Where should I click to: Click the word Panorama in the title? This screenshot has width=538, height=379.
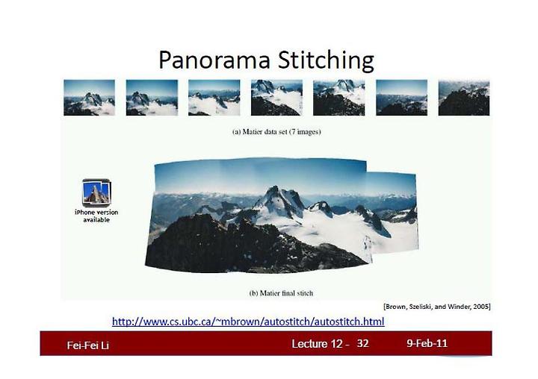pyautogui.click(x=214, y=60)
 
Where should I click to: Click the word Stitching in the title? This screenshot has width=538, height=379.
pyautogui.click(x=326, y=60)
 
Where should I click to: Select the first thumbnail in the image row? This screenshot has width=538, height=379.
pyautogui.click(x=89, y=98)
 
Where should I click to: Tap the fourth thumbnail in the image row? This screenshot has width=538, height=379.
pyautogui.click(x=276, y=98)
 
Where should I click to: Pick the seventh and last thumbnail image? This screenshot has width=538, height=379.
pyautogui.click(x=464, y=98)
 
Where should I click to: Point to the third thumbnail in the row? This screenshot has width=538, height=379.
pyautogui.click(x=214, y=98)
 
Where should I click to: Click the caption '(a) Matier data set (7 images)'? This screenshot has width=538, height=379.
pyautogui.click(x=276, y=132)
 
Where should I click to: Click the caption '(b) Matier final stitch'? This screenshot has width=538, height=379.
pyautogui.click(x=281, y=293)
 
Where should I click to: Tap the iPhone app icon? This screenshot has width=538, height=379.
pyautogui.click(x=96, y=192)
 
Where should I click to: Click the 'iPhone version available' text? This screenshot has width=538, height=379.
pyautogui.click(x=96, y=216)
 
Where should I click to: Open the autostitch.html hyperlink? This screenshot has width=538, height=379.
pyautogui.click(x=248, y=322)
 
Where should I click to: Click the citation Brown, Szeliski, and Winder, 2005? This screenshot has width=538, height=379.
pyautogui.click(x=437, y=307)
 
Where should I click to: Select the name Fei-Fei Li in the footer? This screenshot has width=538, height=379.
pyautogui.click(x=88, y=345)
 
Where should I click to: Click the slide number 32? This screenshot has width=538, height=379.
pyautogui.click(x=362, y=343)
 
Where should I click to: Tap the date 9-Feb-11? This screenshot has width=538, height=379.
pyautogui.click(x=427, y=343)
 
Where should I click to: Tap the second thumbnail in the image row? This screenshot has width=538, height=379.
pyautogui.click(x=152, y=98)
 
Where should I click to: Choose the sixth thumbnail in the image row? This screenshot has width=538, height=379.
pyautogui.click(x=401, y=98)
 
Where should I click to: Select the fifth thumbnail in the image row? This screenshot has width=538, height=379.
pyautogui.click(x=339, y=98)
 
